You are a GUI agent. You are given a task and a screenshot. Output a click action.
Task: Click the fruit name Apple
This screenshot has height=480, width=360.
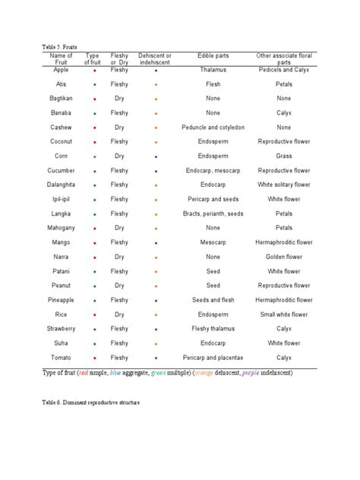[62, 69]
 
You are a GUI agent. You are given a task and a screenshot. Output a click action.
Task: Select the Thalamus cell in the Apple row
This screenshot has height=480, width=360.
[213, 69]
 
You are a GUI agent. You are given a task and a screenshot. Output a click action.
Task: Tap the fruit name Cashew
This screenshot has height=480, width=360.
[62, 127]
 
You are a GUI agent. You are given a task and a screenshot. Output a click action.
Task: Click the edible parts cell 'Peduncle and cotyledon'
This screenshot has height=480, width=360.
[213, 127]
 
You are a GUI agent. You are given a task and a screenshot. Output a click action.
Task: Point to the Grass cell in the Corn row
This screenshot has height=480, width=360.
[284, 156]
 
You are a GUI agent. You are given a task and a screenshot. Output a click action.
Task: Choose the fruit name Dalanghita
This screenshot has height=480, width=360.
[62, 185]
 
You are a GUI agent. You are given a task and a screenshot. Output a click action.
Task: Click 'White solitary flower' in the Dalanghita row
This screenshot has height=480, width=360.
[284, 185]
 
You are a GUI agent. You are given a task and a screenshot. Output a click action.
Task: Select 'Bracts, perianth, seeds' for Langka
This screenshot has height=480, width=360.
[213, 213]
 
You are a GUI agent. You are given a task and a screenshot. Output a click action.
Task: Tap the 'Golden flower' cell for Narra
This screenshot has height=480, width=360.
[284, 257]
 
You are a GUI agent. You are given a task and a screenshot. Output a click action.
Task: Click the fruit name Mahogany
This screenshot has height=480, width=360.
[62, 228]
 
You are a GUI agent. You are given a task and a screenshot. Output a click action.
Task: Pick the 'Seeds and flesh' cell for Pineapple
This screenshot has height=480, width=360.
[213, 300]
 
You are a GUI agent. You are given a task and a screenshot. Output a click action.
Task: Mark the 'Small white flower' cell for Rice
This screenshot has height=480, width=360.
[284, 314]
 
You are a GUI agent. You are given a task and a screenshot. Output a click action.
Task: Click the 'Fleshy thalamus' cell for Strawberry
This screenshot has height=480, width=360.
[213, 329]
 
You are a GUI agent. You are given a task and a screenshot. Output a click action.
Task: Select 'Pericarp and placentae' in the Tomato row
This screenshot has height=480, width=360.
[213, 358]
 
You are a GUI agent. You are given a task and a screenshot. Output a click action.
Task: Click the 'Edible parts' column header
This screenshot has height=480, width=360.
[213, 56]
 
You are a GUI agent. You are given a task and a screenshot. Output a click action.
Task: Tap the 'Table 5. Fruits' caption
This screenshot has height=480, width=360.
[60, 46]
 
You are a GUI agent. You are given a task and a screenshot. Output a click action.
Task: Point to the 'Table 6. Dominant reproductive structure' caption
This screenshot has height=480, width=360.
[91, 402]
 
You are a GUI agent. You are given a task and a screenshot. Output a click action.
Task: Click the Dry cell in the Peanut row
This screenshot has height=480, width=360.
[119, 286]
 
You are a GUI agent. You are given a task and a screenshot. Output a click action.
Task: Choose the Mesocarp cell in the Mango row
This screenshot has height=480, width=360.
[213, 242]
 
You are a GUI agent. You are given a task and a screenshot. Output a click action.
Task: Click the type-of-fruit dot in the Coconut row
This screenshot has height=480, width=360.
[93, 142]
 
